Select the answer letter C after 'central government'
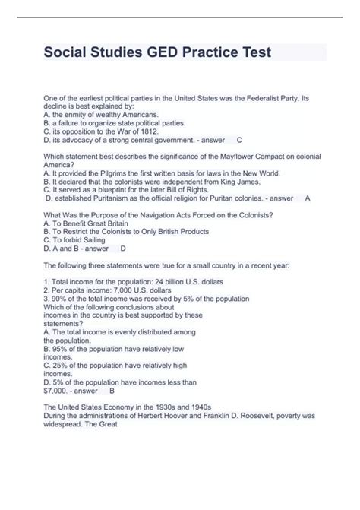(x=240, y=140)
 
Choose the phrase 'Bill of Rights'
(x=189, y=189)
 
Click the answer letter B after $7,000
(x=112, y=390)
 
